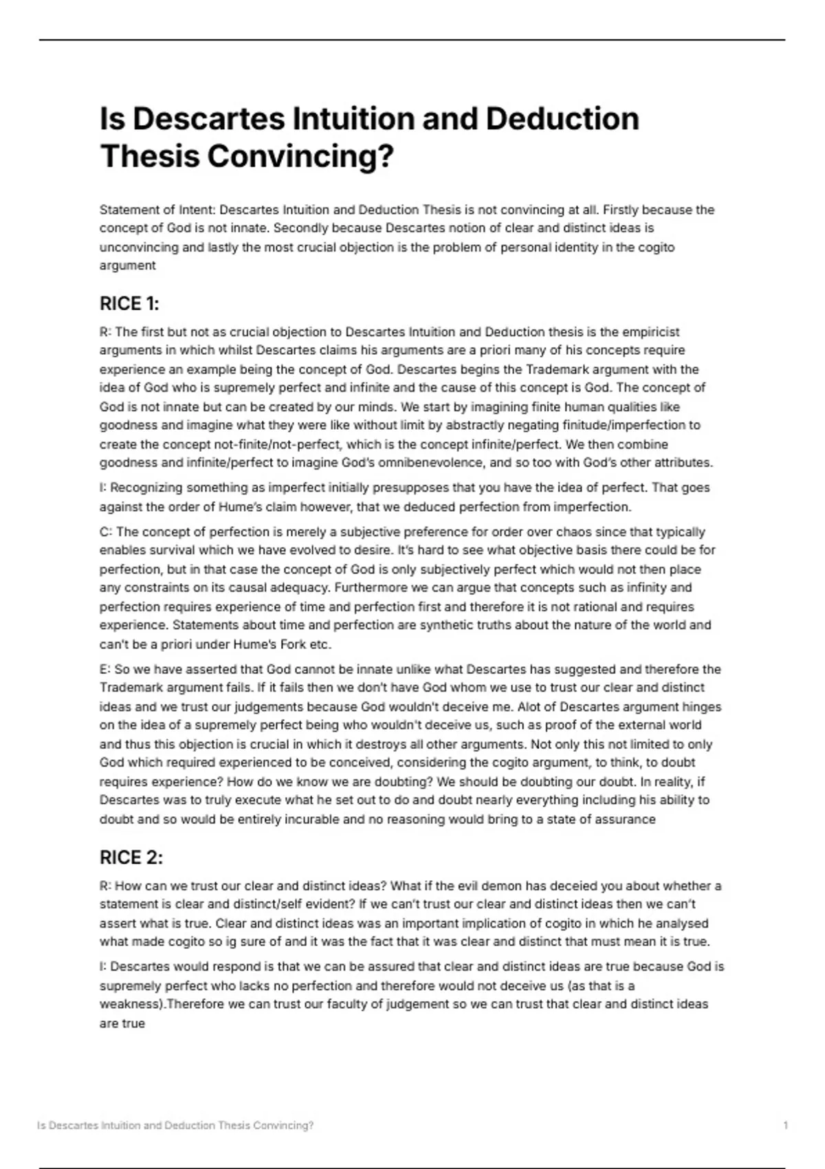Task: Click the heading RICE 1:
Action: point(129,303)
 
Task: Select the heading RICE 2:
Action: point(131,857)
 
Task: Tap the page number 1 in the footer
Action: point(785,1125)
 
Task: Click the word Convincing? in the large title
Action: point(300,156)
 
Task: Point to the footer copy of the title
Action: point(175,1125)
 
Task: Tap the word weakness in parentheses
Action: point(131,1004)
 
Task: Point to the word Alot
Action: point(530,706)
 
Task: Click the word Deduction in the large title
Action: point(562,119)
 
